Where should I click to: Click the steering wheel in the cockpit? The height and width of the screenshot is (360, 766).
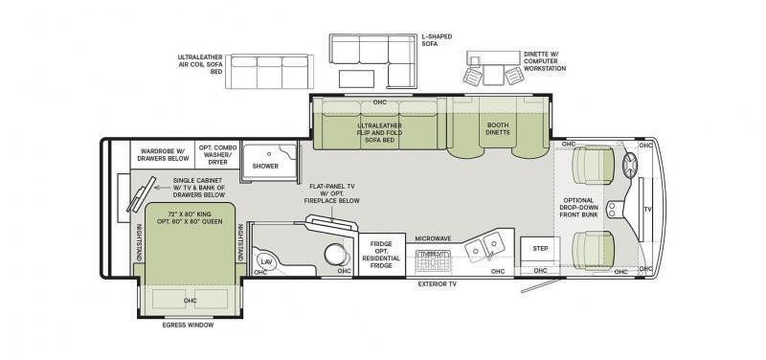click(x=630, y=164)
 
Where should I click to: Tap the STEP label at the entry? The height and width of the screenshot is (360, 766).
click(x=540, y=249)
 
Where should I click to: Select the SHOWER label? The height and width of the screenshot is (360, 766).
click(x=265, y=166)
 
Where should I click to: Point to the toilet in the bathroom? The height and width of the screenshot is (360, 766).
click(x=337, y=254)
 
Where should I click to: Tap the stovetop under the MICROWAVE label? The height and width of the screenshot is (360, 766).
click(x=433, y=260)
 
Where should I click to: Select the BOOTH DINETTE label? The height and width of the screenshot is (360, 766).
click(x=498, y=128)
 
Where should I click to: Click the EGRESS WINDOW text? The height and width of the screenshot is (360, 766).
click(x=188, y=325)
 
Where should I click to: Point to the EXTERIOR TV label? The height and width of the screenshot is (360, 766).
click(x=438, y=283)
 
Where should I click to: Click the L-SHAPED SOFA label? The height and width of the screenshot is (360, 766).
click(x=437, y=40)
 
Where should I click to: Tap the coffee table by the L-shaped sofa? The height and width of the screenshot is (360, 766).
click(x=356, y=79)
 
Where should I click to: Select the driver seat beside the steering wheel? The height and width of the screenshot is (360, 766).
click(x=593, y=165)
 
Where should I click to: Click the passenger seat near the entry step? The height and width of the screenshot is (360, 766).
click(x=593, y=250)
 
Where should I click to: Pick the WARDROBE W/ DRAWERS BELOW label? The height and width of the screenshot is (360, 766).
click(x=163, y=155)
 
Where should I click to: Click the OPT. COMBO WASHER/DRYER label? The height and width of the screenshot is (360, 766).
click(x=218, y=155)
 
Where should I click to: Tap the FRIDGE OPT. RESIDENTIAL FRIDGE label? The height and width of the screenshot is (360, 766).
click(x=381, y=255)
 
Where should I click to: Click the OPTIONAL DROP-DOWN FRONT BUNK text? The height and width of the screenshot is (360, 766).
click(x=578, y=207)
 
